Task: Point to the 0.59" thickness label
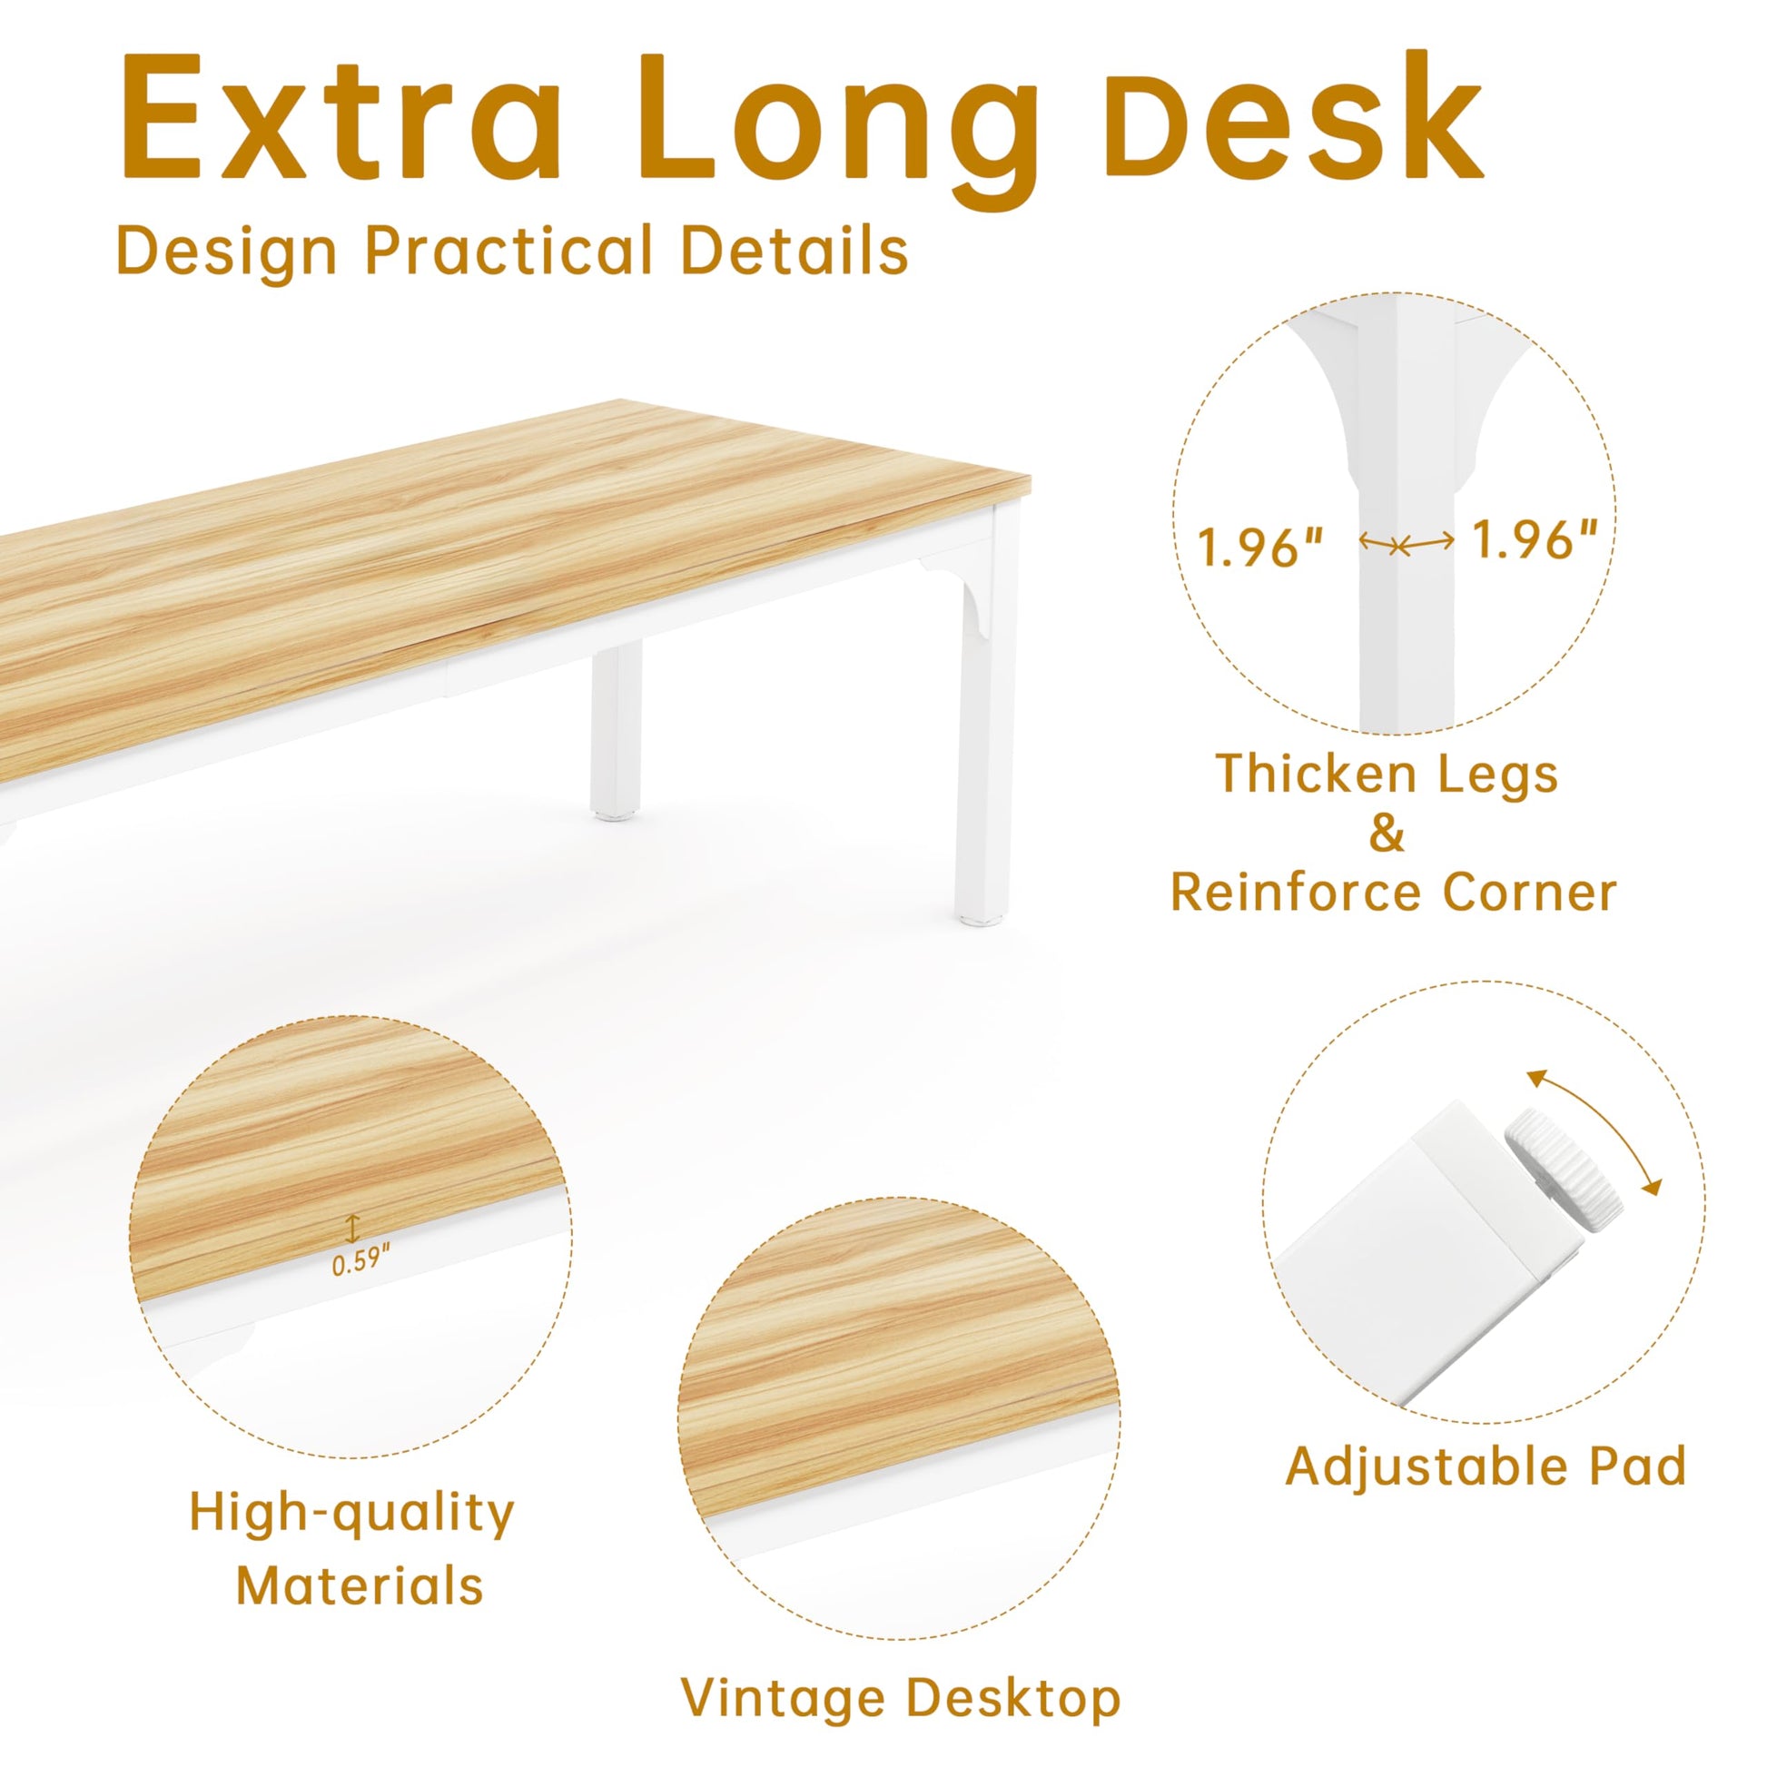point(360,1263)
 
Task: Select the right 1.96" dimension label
point(1535,539)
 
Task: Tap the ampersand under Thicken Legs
point(1387,834)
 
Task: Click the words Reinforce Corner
point(1394,893)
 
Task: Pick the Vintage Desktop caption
point(902,1673)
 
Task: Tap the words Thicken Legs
point(1387,775)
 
